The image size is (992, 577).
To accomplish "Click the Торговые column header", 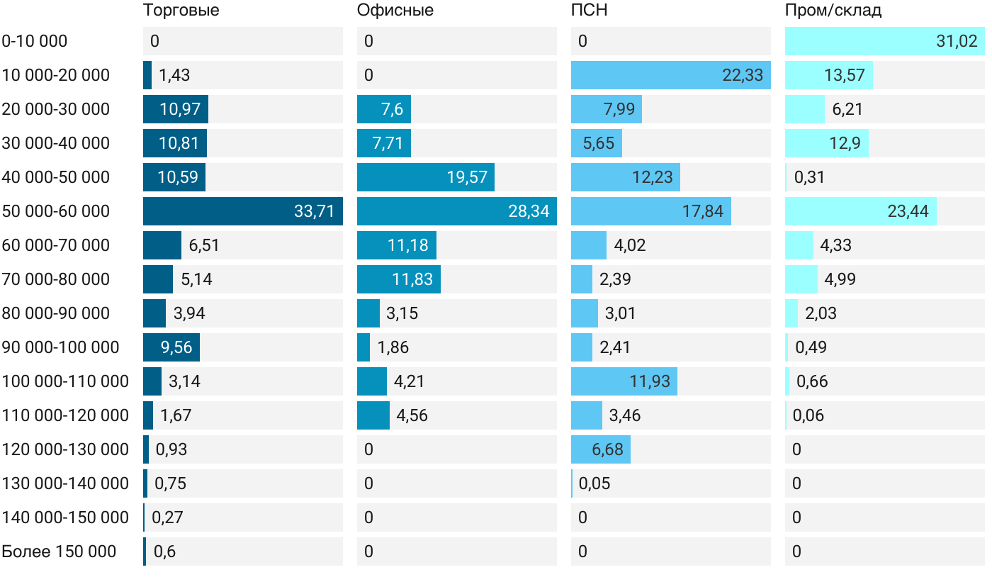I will (181, 11).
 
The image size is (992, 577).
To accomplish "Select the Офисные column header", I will (395, 11).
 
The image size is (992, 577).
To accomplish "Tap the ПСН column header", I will (589, 11).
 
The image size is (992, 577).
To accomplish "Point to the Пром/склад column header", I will (833, 11).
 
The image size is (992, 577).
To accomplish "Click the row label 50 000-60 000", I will (56, 211).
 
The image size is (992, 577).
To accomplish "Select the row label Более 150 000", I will (59, 551).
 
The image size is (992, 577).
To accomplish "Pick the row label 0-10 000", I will (35, 41).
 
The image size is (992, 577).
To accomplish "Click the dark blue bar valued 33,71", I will (242, 211).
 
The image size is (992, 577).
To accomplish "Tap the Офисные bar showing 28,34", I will (456, 211).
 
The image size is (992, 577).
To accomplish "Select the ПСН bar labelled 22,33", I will (670, 75).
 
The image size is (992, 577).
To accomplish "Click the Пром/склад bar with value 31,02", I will (884, 41).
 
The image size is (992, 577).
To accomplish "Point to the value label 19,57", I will (467, 177).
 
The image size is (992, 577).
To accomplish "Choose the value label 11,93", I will (650, 381).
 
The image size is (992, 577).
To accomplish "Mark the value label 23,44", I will (908, 211).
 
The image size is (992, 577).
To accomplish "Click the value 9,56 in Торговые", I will (176, 347).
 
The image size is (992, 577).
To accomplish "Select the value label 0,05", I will (594, 483).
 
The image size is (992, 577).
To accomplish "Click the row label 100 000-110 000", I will (65, 381).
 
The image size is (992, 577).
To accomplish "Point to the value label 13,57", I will (844, 75).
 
